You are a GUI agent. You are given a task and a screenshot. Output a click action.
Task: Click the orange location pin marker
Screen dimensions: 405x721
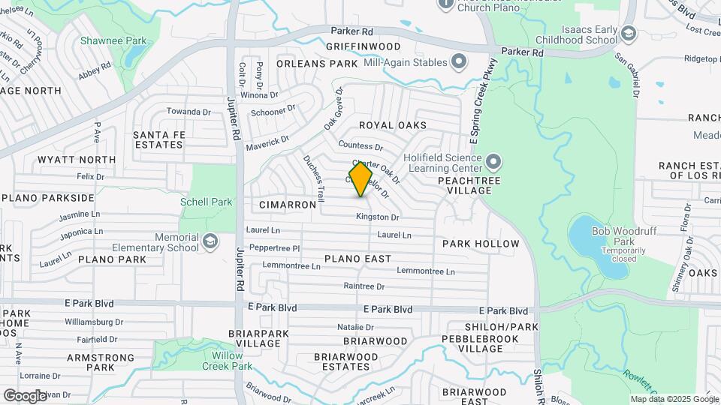pos(360,179)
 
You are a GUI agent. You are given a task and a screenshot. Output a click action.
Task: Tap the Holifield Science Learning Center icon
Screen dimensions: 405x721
pos(493,161)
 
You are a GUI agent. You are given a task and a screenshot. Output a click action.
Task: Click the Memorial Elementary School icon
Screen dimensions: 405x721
pos(210,241)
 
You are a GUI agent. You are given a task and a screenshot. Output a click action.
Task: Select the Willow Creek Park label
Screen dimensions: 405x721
pos(228,361)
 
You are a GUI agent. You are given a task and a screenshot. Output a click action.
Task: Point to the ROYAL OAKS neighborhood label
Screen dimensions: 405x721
pos(393,125)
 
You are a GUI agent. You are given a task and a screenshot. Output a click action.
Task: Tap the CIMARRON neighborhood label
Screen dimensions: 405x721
pos(288,204)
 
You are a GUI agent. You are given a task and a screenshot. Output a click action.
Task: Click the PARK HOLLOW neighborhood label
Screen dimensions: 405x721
pos(481,244)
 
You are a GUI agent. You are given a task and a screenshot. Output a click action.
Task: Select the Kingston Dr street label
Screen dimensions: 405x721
pos(377,217)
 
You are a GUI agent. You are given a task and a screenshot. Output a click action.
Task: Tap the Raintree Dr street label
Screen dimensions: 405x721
pos(364,286)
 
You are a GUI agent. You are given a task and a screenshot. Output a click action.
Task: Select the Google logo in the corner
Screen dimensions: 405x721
pos(25,395)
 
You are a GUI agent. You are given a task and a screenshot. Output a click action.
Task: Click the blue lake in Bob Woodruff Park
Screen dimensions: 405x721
pos(593,240)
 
